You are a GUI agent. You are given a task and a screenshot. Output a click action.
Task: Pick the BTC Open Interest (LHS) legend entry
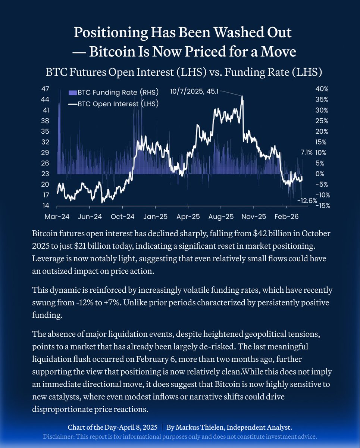pos(114,103)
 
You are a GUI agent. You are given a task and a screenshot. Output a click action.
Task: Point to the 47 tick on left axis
pos(46,89)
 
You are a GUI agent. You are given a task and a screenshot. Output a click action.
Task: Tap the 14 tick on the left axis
pos(46,206)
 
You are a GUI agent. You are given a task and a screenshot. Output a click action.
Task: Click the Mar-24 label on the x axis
pos(57,217)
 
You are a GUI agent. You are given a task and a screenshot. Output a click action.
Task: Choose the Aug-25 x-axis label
pos(221,217)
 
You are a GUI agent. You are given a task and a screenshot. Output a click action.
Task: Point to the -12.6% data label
pos(307,200)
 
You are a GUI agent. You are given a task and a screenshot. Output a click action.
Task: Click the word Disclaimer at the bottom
pos(58,436)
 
